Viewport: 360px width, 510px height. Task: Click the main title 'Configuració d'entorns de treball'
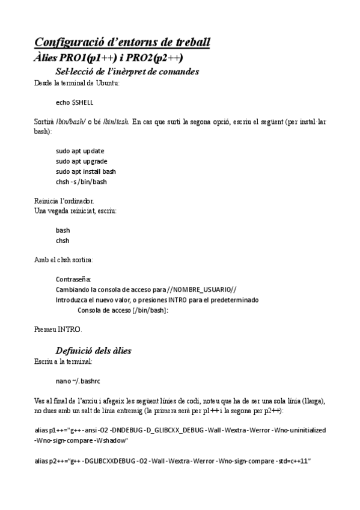pos(122,42)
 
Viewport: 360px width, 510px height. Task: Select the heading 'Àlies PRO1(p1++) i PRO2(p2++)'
pos(109,57)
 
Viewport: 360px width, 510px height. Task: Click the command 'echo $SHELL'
pos(75,102)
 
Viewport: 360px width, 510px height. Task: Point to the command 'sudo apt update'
pos(80,151)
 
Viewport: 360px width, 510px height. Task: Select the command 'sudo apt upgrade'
pos(82,161)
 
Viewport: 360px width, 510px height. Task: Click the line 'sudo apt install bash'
pos(86,171)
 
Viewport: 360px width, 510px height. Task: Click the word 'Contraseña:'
pos(73,279)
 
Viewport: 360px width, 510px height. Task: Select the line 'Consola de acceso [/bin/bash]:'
pos(123,310)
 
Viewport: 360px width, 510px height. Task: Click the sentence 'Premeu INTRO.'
pos(58,330)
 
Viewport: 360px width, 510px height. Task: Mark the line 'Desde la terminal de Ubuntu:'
pos(77,83)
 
